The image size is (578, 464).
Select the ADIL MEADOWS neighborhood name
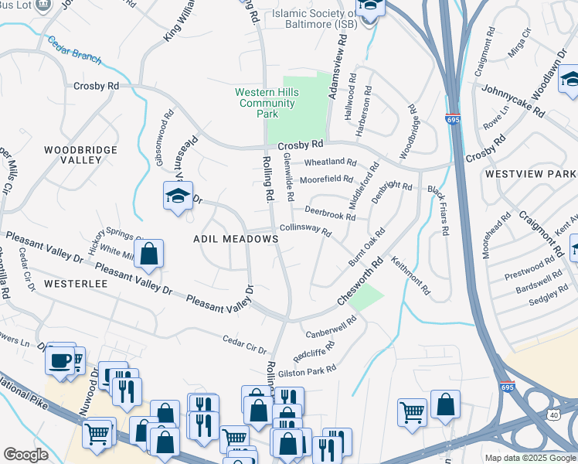point(235,240)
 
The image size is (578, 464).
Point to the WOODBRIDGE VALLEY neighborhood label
point(80,155)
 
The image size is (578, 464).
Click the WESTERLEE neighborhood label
point(75,284)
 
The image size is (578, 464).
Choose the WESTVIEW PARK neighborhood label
point(531,175)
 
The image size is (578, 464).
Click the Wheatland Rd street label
point(330,162)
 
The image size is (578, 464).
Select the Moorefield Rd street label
point(326,179)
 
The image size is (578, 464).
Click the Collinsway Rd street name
point(306,230)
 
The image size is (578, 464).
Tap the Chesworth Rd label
point(359,287)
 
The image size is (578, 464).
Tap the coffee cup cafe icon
point(59,360)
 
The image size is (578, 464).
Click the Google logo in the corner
point(25,455)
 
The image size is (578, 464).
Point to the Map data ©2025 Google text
point(529,458)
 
